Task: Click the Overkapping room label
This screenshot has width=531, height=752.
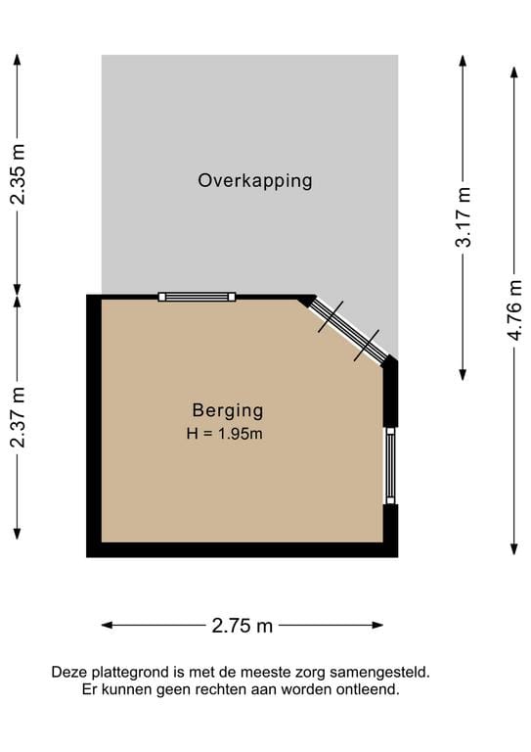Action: [x=255, y=180]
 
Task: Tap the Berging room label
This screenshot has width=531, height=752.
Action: [x=227, y=411]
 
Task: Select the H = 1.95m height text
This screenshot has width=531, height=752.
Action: [x=225, y=434]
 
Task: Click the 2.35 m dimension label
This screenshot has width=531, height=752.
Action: [x=18, y=174]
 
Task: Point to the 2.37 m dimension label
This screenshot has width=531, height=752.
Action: [x=18, y=417]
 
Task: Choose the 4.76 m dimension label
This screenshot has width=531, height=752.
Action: [x=514, y=309]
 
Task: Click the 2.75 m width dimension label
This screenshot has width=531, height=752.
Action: [x=243, y=626]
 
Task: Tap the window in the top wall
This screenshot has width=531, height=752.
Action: [x=199, y=297]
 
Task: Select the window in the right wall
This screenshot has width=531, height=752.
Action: [x=390, y=465]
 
